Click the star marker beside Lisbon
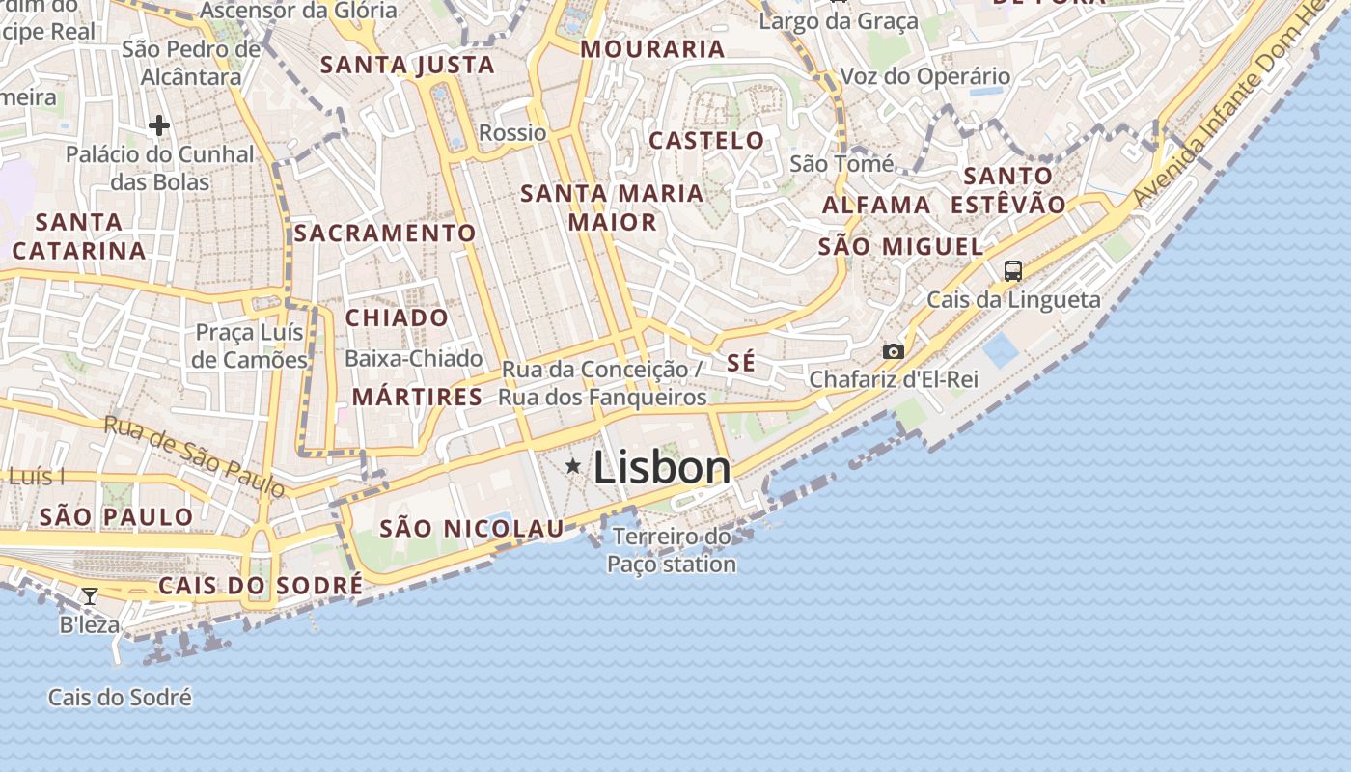tap(573, 467)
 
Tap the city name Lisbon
tap(662, 468)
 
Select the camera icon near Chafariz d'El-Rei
tap(894, 351)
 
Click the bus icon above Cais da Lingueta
tap(1012, 271)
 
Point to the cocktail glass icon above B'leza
tap(90, 596)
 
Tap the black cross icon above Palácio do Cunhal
tap(159, 125)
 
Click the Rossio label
tap(512, 133)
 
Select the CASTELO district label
tap(706, 141)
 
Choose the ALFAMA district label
tap(876, 206)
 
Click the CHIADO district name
tap(397, 318)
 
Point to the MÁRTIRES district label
tap(417, 397)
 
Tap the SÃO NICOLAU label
tap(472, 529)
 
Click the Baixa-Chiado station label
tap(414, 359)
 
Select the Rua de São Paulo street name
tap(195, 456)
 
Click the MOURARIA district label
tap(652, 49)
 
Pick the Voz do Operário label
tap(925, 77)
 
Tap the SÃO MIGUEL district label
tap(900, 247)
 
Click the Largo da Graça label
tap(839, 21)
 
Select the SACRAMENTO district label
tap(385, 234)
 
